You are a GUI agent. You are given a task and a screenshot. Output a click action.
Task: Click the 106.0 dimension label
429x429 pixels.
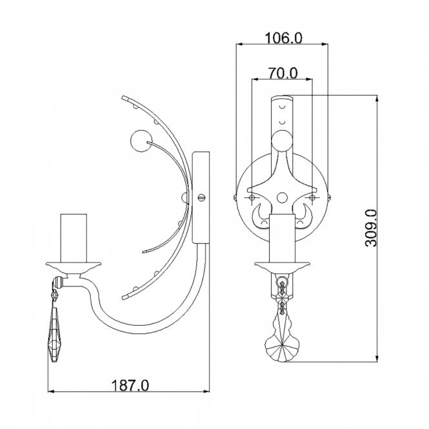coord(284,38)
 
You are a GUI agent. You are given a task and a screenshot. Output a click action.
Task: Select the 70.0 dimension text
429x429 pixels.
coord(283,74)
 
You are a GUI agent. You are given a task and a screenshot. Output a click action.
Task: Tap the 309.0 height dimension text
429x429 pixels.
coord(371,228)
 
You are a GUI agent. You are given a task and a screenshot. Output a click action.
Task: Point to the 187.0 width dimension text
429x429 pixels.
coord(130,386)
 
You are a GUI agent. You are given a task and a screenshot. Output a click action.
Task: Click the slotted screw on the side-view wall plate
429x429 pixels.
coord(202,197)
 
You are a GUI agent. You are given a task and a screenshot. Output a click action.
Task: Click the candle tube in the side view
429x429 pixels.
coord(74,238)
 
